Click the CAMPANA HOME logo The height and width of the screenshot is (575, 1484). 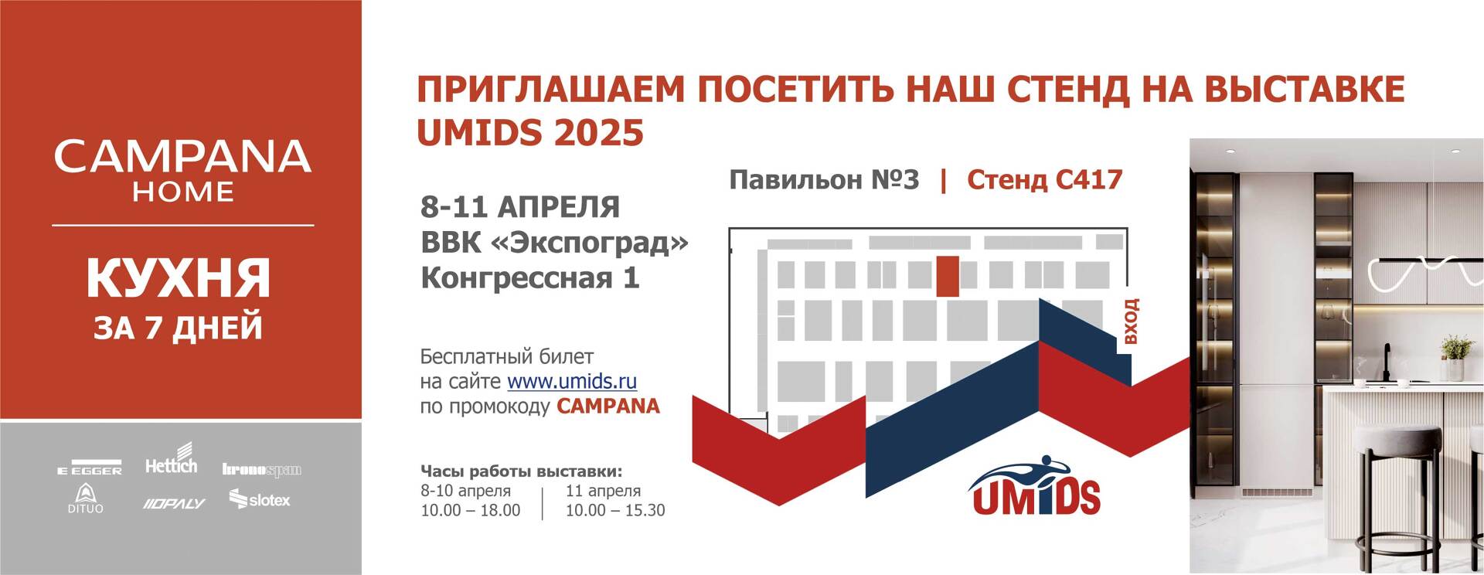click(182, 171)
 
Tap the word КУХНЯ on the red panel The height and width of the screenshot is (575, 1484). click(179, 279)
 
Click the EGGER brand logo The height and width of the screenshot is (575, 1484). click(90, 469)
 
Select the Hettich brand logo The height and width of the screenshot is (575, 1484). click(172, 459)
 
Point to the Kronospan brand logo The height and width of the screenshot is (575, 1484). click(261, 469)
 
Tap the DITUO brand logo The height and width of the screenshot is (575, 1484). click(85, 498)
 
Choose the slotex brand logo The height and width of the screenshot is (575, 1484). click(260, 499)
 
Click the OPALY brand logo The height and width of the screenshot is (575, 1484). click(174, 504)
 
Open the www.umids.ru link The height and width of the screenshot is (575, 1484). click(572, 381)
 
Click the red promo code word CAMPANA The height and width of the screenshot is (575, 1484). click(608, 407)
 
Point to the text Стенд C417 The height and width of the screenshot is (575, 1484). click(1044, 180)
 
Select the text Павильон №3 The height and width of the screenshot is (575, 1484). click(824, 180)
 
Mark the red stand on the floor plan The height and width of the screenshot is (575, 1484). click(948, 276)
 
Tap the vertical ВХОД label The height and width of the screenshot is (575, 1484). click(1131, 322)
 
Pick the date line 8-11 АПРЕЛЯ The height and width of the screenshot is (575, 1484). click(520, 207)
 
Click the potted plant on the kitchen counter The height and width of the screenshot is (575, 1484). click(1456, 356)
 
